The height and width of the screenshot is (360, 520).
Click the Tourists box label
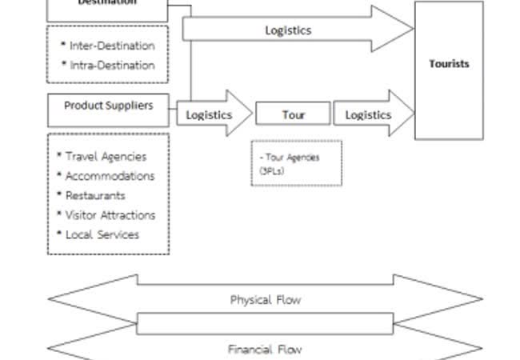tap(449, 64)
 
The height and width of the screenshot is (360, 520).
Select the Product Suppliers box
tap(108, 106)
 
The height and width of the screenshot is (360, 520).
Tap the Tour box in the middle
tap(293, 114)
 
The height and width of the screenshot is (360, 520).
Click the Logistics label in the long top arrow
tap(288, 30)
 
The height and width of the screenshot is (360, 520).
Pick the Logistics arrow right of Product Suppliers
tap(210, 114)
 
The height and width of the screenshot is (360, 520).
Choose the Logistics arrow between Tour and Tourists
tap(369, 114)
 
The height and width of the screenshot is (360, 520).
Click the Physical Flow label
tap(266, 300)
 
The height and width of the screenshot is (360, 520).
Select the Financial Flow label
tap(266, 350)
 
